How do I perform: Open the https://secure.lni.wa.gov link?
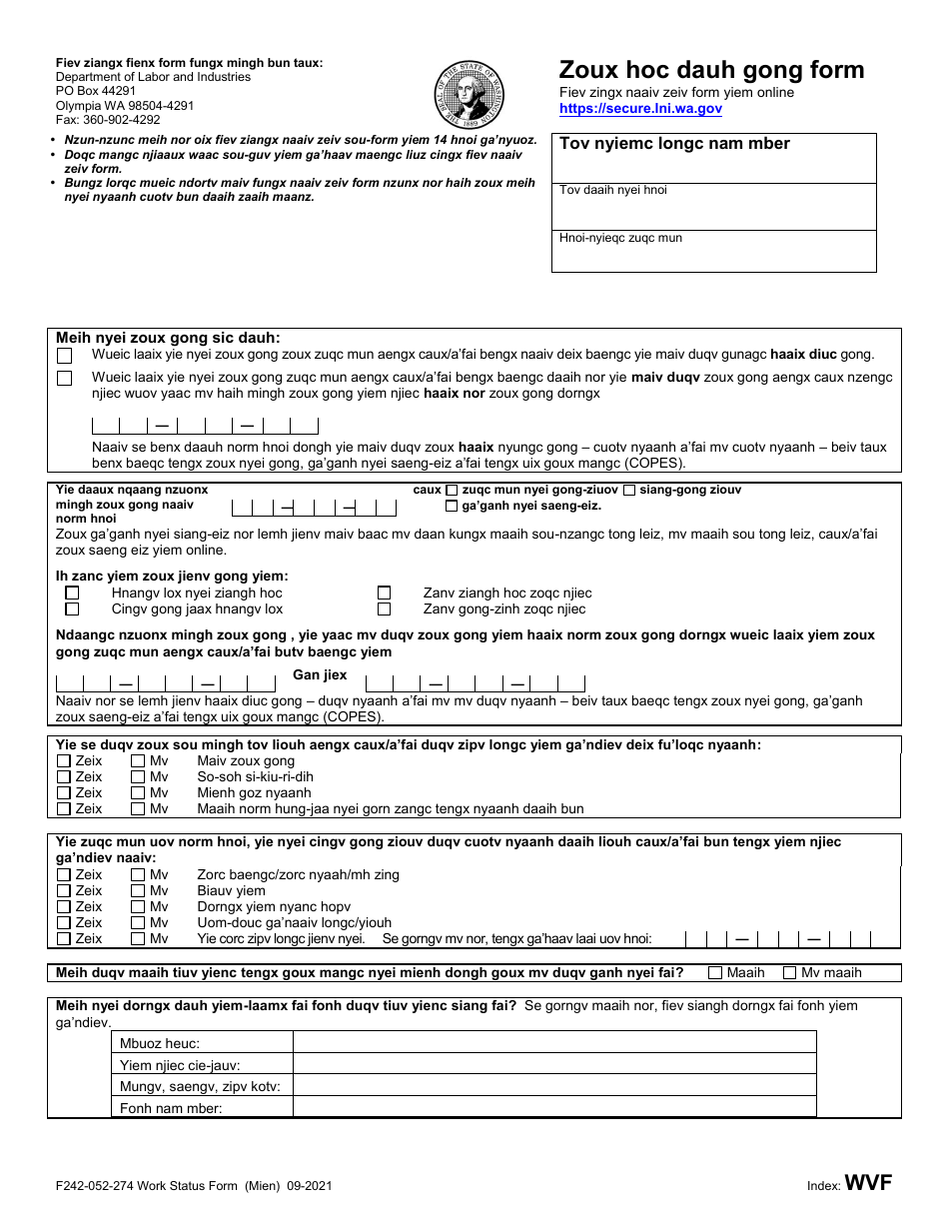(640, 109)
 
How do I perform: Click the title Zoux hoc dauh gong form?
(711, 70)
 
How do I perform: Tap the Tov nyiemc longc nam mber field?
(713, 158)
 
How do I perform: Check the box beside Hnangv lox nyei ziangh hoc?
(72, 594)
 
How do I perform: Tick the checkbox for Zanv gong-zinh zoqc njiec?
(384, 610)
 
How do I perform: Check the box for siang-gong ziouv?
(629, 491)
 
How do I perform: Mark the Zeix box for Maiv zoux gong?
(64, 761)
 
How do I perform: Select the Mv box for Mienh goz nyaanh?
(138, 793)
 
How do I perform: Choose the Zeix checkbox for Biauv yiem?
(64, 891)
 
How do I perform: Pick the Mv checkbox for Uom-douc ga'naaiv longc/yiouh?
(138, 923)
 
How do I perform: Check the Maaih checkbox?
(715, 973)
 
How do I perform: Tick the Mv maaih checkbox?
(789, 973)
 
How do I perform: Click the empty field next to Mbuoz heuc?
(553, 1043)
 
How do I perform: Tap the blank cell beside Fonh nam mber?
(553, 1108)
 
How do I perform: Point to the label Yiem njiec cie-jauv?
(180, 1066)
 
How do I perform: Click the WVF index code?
(868, 1184)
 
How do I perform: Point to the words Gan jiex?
(320, 675)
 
